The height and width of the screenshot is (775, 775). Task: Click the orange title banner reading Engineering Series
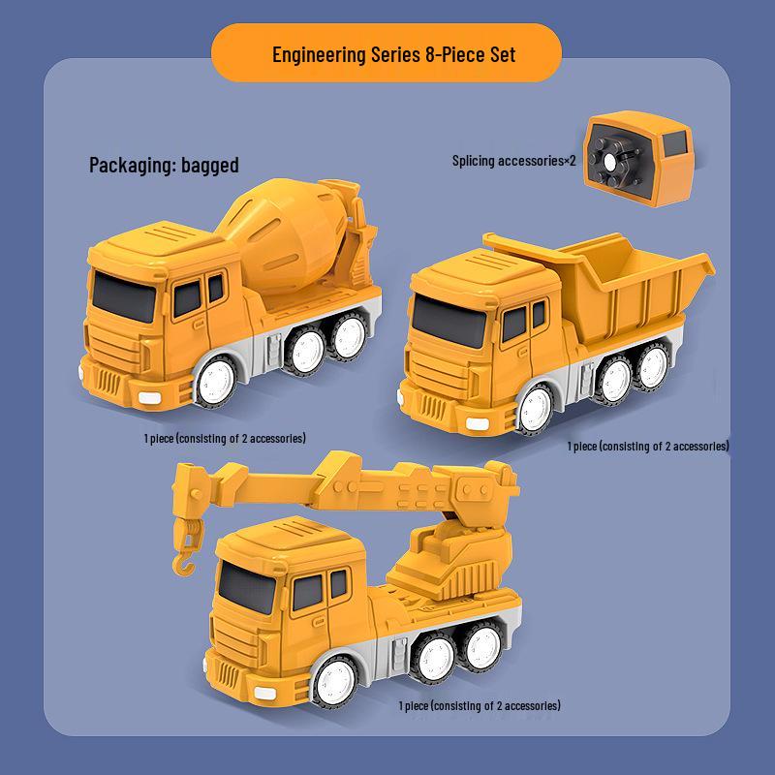click(387, 53)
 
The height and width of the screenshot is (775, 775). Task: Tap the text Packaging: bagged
click(164, 165)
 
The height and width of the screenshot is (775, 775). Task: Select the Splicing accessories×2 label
click(514, 161)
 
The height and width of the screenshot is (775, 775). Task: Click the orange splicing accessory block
click(638, 158)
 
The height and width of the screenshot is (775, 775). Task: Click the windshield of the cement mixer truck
click(124, 296)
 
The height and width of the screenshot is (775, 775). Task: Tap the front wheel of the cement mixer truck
click(216, 381)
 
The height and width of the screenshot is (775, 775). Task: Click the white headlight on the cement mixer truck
click(150, 397)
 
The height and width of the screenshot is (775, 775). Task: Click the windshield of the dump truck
click(449, 322)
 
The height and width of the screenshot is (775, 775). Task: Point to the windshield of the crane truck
click(247, 587)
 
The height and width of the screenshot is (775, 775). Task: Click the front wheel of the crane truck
click(335, 682)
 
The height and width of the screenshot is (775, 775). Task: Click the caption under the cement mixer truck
click(225, 439)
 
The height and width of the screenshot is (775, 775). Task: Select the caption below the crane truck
click(480, 706)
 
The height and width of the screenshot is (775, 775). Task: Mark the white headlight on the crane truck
click(264, 693)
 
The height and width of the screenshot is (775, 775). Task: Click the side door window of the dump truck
click(514, 324)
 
